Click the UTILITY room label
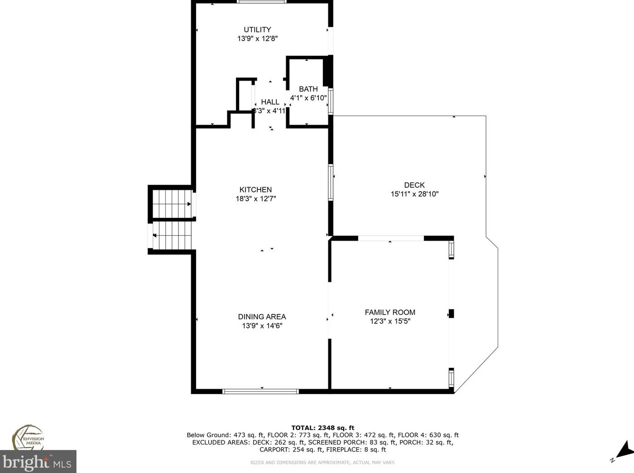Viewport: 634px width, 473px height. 257,30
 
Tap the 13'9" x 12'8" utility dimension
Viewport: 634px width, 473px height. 257,39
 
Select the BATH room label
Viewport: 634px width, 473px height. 308,89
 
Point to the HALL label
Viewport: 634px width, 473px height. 270,102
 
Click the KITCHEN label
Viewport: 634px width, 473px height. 255,190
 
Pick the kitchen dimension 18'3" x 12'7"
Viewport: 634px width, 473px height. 255,198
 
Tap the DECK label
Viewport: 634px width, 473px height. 414,185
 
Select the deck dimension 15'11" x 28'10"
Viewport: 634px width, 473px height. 414,194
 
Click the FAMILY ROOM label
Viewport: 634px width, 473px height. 390,312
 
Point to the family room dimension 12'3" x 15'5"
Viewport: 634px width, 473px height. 390,321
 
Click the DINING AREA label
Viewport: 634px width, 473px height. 262,317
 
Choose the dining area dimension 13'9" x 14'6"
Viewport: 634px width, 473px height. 262,326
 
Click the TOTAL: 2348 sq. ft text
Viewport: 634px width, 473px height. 322,428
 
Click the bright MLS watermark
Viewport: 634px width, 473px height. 38,463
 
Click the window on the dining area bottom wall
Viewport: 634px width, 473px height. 261,391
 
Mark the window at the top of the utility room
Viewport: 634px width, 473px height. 262,2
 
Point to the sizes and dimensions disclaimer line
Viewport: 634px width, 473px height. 322,463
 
